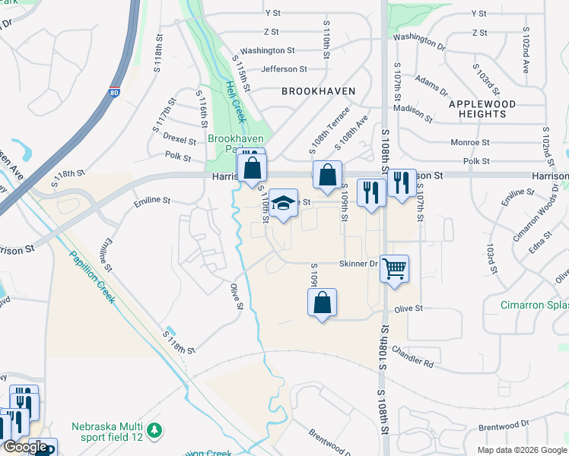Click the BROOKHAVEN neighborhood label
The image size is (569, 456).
[319, 91]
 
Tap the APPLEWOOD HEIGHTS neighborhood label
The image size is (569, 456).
[493, 109]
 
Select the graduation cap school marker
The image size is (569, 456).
[283, 204]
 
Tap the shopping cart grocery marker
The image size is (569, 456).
[394, 268]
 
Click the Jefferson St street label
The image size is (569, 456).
[284, 69]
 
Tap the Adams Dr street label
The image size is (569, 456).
[431, 86]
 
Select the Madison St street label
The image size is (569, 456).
[416, 113]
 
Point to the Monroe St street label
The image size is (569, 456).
[469, 142]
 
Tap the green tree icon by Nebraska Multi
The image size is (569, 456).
[155, 431]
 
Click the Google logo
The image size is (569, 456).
[25, 447]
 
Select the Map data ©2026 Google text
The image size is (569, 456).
[521, 450]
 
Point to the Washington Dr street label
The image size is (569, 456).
[419, 36]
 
